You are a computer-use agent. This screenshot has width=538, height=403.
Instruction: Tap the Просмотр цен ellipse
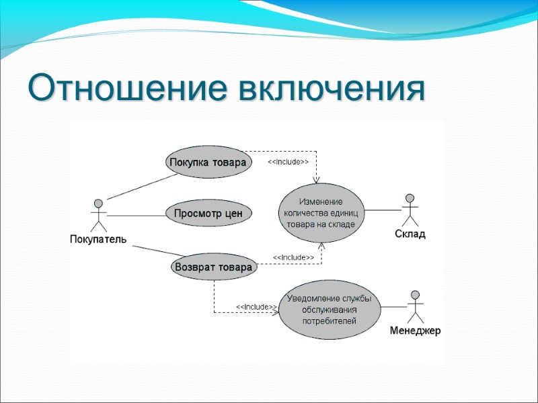[208, 214]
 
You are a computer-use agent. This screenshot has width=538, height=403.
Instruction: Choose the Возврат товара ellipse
[214, 267]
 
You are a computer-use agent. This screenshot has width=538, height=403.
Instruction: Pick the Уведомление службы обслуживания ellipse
[329, 310]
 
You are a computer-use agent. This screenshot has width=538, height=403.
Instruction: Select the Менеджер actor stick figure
[415, 307]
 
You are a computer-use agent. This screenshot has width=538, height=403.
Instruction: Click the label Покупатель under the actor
[98, 240]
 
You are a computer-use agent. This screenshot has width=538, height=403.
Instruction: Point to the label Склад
[410, 234]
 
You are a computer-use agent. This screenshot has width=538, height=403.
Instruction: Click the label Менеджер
[415, 331]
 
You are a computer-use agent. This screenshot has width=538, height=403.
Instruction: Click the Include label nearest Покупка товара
[289, 163]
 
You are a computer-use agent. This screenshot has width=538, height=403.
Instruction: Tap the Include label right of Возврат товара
[293, 257]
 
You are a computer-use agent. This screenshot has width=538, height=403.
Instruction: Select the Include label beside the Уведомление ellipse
[256, 307]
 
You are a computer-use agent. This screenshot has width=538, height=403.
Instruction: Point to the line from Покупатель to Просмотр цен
[136, 216]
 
